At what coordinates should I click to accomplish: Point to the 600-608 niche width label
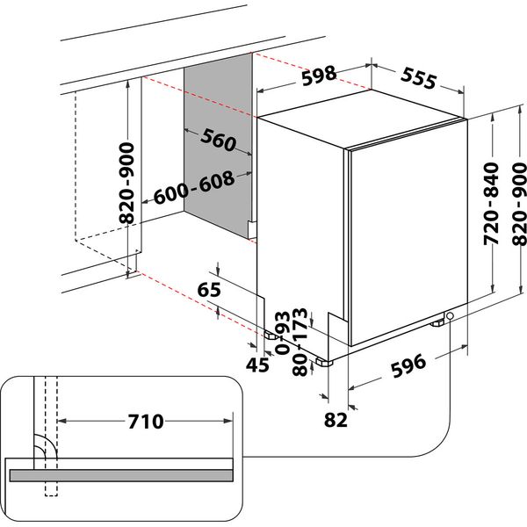click(x=194, y=187)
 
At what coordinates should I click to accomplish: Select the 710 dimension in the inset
click(x=144, y=422)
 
